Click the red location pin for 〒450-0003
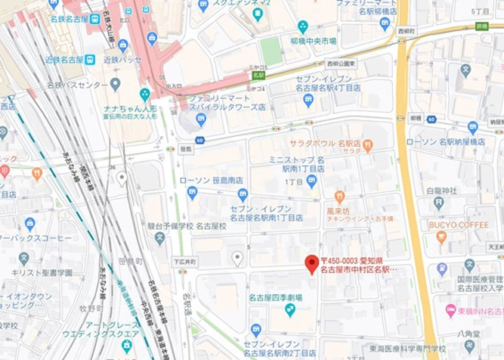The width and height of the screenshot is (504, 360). coord(311,264)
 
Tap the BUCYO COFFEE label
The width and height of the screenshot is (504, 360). coord(459,225)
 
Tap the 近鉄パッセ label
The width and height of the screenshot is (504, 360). coord(122,58)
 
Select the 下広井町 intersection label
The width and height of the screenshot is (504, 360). coord(184,262)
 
